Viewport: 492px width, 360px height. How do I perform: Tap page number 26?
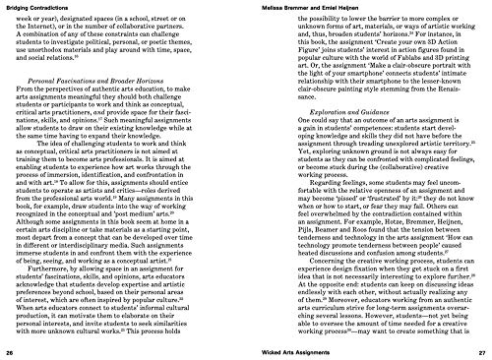(10, 351)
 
